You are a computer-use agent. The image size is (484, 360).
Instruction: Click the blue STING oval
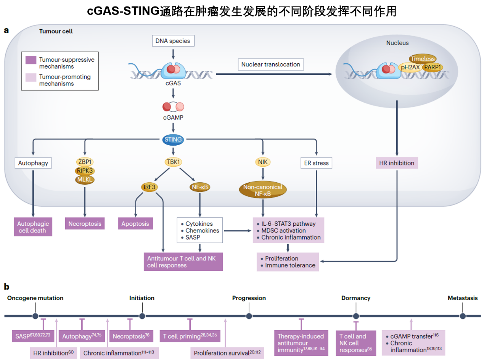[173, 140]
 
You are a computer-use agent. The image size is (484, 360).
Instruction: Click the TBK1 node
[173, 162]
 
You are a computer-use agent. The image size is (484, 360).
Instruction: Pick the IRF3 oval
[150, 187]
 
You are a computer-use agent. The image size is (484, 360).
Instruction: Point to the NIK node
[263, 162]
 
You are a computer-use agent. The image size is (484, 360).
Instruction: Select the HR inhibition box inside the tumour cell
[397, 163]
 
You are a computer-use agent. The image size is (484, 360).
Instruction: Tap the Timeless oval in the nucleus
[423, 59]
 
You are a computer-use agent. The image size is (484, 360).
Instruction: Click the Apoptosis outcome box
[135, 223]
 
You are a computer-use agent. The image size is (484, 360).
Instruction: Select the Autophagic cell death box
[33, 227]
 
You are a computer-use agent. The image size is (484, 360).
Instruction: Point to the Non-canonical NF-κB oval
[263, 190]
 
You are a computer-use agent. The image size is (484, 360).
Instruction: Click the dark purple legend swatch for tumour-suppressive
[31, 60]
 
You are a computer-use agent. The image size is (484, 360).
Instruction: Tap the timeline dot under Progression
[249, 316]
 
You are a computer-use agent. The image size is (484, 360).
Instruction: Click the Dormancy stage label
[355, 298]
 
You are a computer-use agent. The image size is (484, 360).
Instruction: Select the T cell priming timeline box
[190, 336]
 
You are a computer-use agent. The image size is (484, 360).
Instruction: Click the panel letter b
[6, 286]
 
